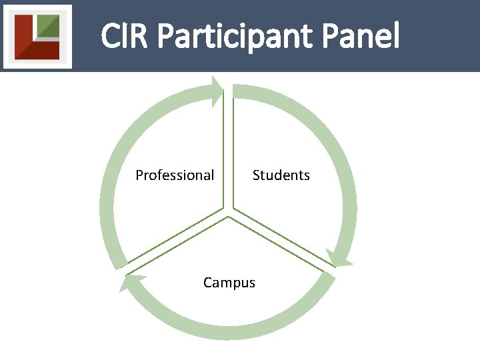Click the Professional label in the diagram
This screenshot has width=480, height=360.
(175, 175)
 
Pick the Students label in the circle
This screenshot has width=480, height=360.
(281, 175)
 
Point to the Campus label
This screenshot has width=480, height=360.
(229, 283)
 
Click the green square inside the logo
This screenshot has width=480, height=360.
(47, 26)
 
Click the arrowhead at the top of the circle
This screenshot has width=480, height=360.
(217, 91)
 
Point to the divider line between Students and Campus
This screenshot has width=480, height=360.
(283, 244)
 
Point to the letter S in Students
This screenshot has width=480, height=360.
(256, 175)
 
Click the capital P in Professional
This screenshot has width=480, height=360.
(139, 175)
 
